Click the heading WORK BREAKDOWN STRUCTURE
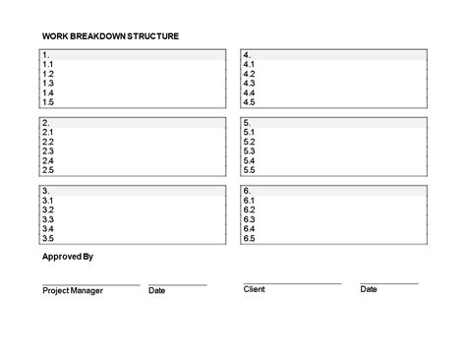click(110, 36)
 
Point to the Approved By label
click(68, 258)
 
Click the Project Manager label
click(72, 291)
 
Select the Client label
click(255, 289)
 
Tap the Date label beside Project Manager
click(156, 291)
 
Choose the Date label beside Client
click(369, 289)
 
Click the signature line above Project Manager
click(90, 284)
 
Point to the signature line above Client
click(292, 283)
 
